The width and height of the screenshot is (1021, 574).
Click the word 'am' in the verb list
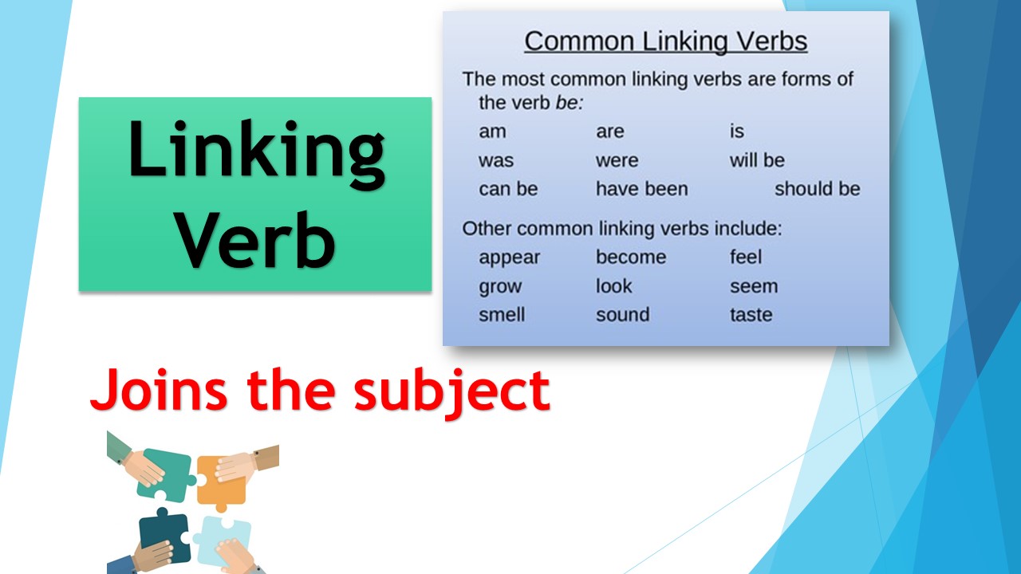(492, 132)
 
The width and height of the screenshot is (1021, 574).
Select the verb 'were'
(617, 160)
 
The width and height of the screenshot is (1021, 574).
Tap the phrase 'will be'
(757, 160)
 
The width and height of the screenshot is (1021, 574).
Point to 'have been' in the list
(641, 190)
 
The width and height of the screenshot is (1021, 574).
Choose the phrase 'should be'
(817, 190)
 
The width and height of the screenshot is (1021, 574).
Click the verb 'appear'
(509, 258)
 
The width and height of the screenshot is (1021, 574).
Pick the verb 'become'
(630, 258)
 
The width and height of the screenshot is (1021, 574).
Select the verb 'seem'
(753, 286)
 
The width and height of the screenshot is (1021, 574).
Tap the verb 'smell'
(501, 315)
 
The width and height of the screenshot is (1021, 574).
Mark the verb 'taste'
(751, 315)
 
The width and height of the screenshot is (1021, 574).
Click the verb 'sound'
(622, 315)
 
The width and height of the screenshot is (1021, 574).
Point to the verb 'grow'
(499, 287)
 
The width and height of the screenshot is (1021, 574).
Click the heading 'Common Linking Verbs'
(665, 41)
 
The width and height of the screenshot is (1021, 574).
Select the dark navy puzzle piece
(164, 533)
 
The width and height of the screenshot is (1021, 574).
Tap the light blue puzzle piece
(223, 538)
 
